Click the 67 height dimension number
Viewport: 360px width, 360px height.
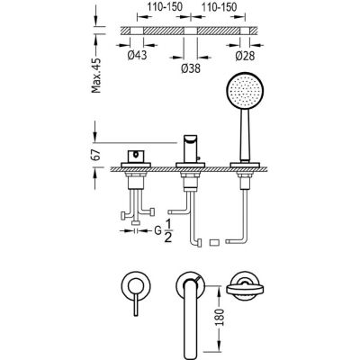click(98, 150)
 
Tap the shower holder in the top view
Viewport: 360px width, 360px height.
click(244, 287)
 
